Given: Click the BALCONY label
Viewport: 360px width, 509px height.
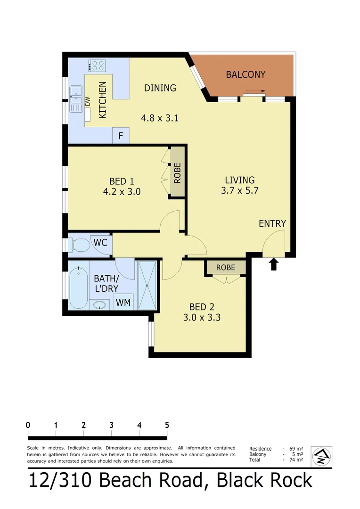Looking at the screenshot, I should (x=245, y=74).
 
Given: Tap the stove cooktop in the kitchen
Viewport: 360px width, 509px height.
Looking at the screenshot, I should (x=97, y=66).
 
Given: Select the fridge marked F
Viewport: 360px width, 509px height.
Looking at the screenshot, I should (x=121, y=136).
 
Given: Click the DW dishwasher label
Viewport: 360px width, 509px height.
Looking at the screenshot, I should (x=88, y=101).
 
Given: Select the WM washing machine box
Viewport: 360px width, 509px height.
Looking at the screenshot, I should (x=123, y=302).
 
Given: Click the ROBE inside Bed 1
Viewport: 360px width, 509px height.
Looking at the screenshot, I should (x=177, y=172).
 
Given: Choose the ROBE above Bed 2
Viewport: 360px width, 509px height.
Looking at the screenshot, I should (x=226, y=267).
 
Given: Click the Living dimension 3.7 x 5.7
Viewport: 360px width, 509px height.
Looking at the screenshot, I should (x=240, y=191).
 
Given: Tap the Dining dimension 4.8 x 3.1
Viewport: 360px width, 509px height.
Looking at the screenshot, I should (x=160, y=118).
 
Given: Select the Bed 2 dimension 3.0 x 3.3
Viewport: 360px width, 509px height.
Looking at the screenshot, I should (x=202, y=317).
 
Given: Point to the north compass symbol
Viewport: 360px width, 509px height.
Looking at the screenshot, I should (x=322, y=456).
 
